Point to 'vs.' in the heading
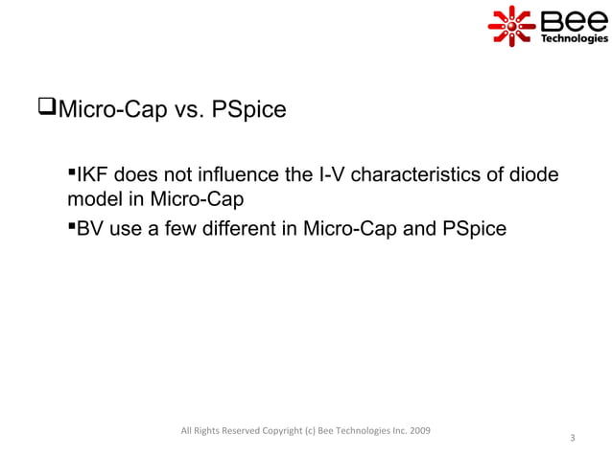(191, 112)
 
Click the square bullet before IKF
(71, 172)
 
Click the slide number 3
(572, 439)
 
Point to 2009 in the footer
(417, 428)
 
